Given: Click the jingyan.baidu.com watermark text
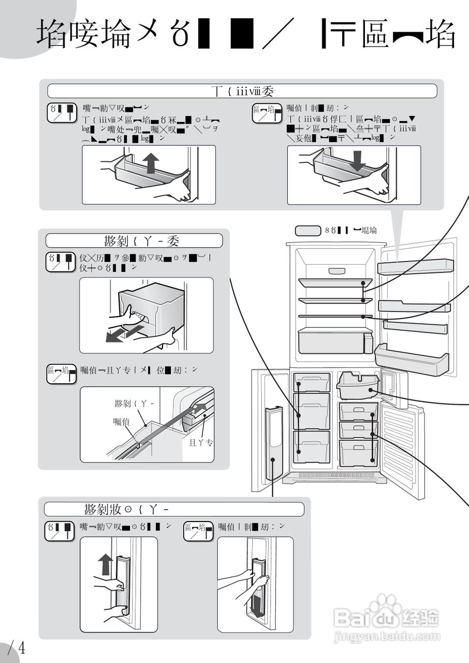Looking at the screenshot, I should pyautogui.click(x=387, y=637).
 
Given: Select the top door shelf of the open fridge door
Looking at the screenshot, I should pyautogui.click(x=415, y=266).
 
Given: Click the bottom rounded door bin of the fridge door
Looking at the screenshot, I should pyautogui.click(x=412, y=358).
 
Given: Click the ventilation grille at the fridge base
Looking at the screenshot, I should pyautogui.click(x=334, y=475).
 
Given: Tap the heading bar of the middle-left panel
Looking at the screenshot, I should pyautogui.click(x=134, y=241).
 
